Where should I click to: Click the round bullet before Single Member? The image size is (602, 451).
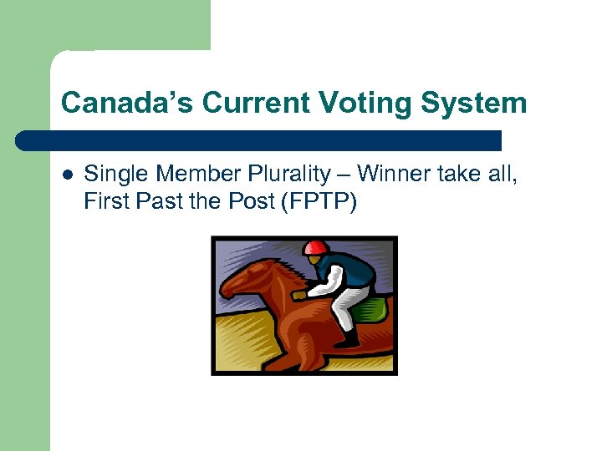tap(67, 175)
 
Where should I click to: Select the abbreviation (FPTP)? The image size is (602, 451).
tap(319, 200)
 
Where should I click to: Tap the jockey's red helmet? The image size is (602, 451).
tap(315, 247)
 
